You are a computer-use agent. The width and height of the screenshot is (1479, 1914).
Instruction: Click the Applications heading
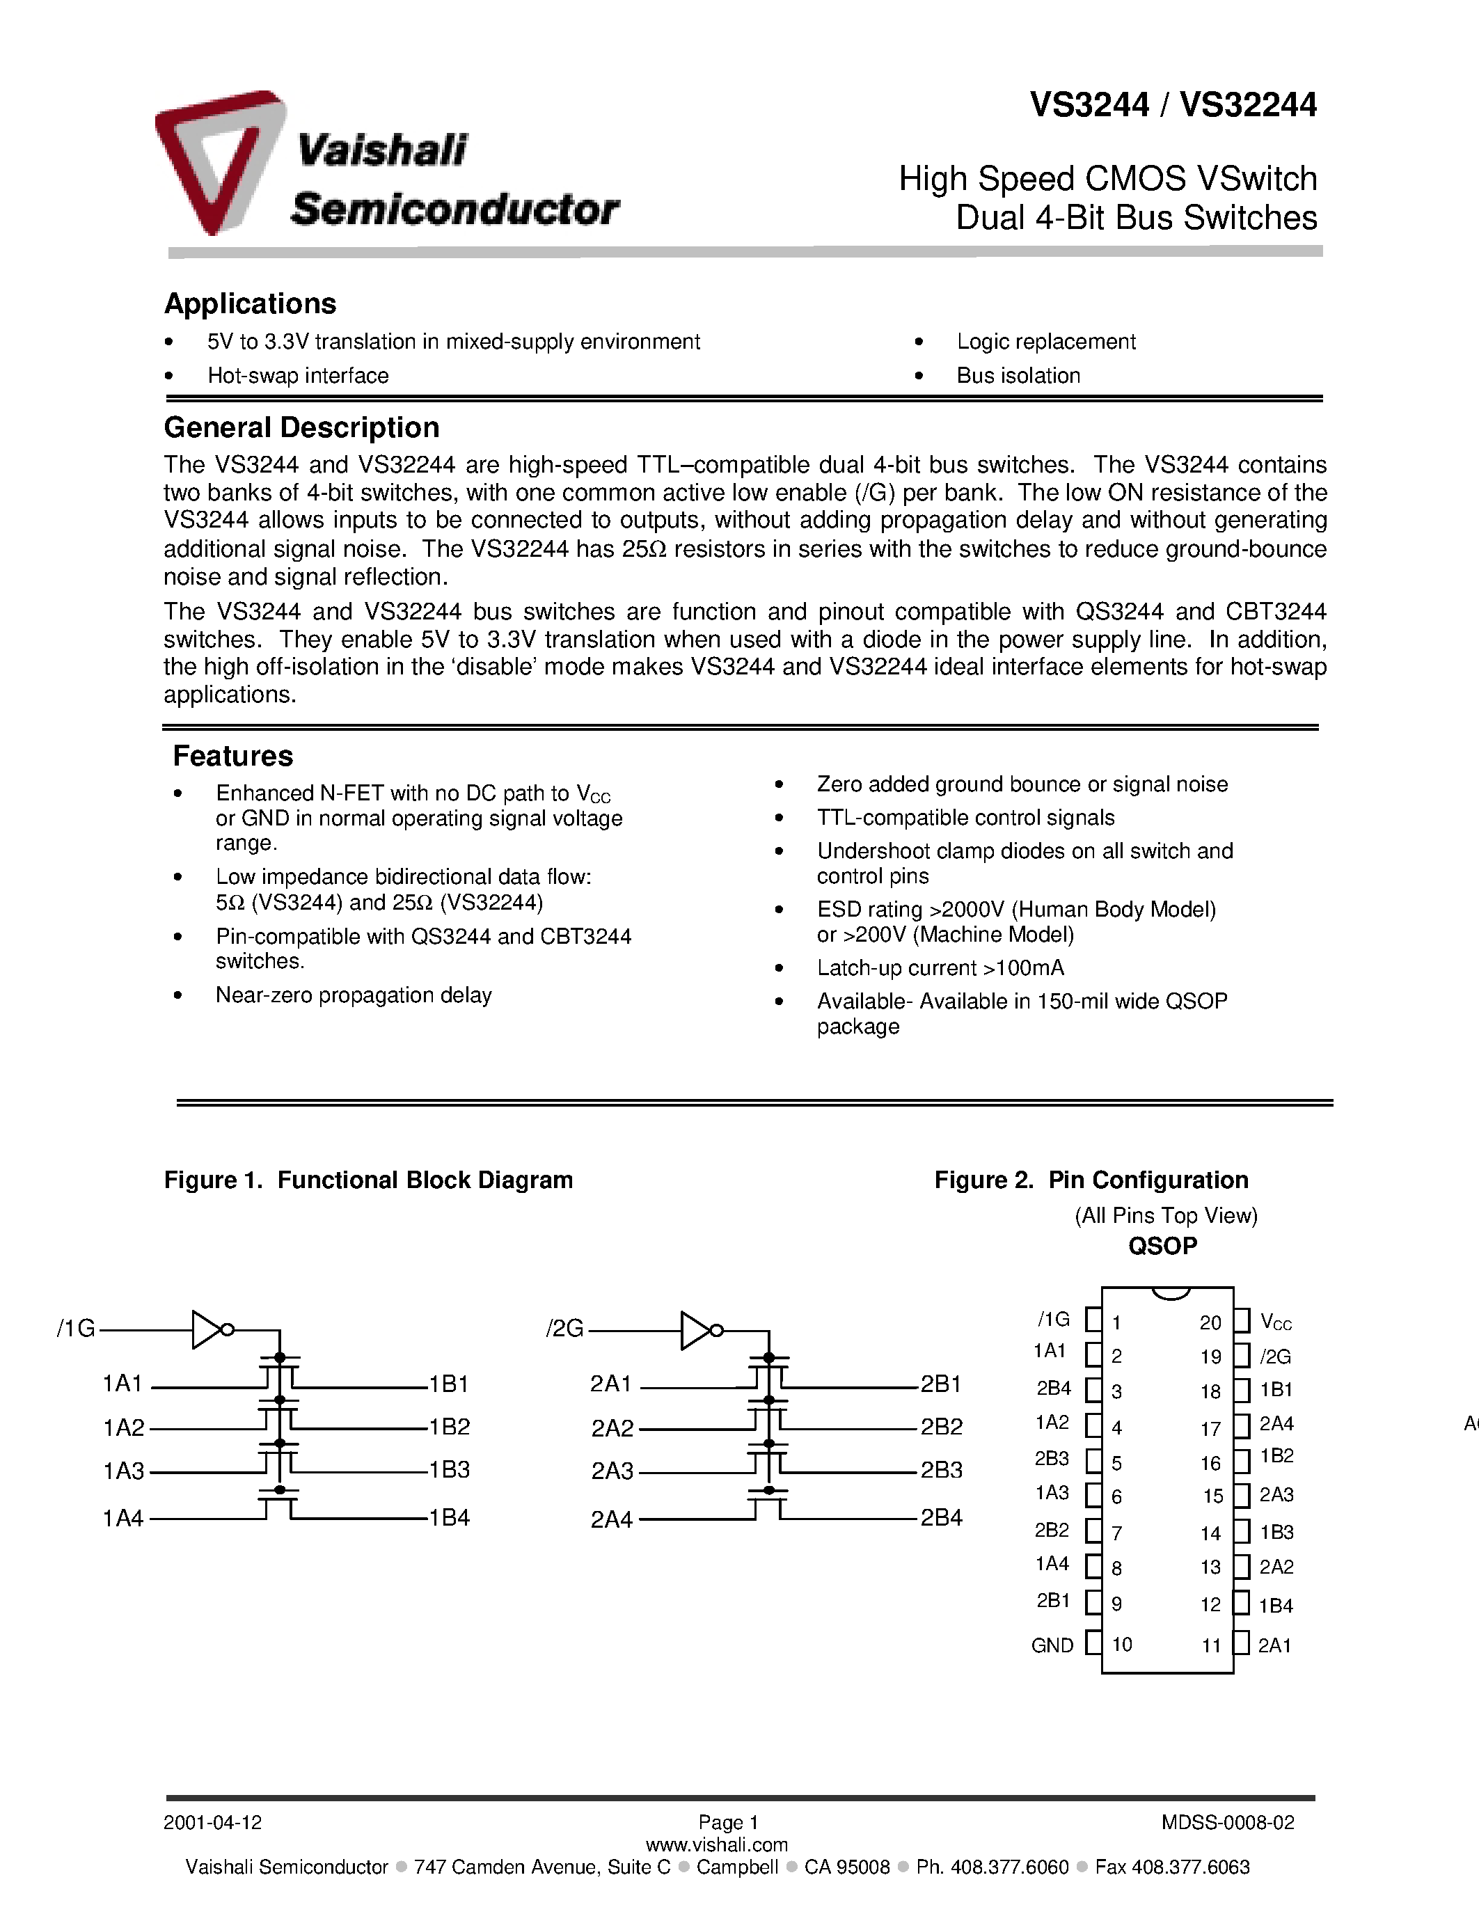pos(250,303)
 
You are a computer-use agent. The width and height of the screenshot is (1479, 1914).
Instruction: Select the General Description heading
pos(301,427)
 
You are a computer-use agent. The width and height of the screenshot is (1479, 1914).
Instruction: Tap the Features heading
pos(232,755)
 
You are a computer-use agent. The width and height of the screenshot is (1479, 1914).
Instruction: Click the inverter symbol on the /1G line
pos(210,1329)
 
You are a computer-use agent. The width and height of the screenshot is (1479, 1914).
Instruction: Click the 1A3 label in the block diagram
pos(124,1471)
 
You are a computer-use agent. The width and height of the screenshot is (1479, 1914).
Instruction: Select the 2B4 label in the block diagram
pos(941,1518)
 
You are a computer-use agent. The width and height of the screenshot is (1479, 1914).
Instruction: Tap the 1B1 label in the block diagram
pos(449,1384)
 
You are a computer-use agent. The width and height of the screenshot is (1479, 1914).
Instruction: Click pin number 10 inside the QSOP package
pos(1123,1644)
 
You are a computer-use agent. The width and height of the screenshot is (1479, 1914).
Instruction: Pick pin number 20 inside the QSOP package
pos(1210,1322)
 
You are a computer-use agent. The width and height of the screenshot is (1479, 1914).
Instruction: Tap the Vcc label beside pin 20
pos(1276,1322)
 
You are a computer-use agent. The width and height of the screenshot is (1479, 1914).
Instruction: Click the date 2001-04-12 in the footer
pos(213,1823)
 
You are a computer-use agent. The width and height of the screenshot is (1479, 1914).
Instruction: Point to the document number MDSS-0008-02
pos(1228,1823)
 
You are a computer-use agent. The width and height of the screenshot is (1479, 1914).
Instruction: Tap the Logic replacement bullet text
pos(1046,342)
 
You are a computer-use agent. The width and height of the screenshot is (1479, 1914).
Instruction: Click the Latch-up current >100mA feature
pos(940,967)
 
